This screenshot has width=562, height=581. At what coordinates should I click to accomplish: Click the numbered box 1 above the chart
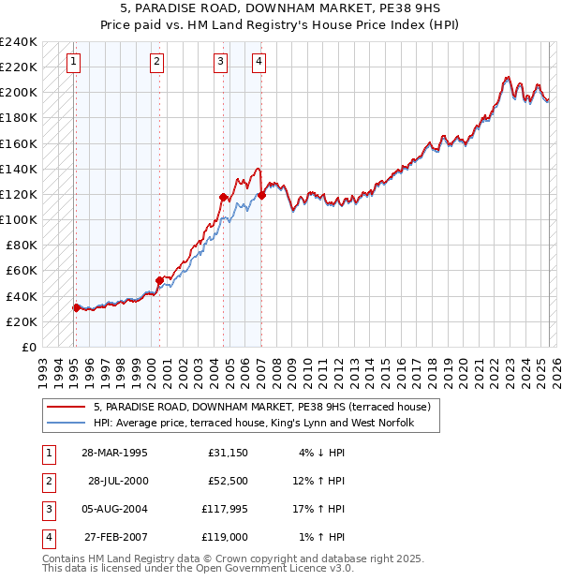click(x=73, y=63)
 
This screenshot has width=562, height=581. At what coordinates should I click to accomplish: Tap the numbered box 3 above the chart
click(x=220, y=63)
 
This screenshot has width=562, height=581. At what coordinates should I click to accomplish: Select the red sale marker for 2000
click(x=159, y=279)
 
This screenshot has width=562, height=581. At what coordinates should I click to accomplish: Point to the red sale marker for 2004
click(x=223, y=197)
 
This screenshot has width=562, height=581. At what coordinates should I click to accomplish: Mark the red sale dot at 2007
click(x=261, y=195)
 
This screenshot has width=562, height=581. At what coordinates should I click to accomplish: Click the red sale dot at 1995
click(x=76, y=307)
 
